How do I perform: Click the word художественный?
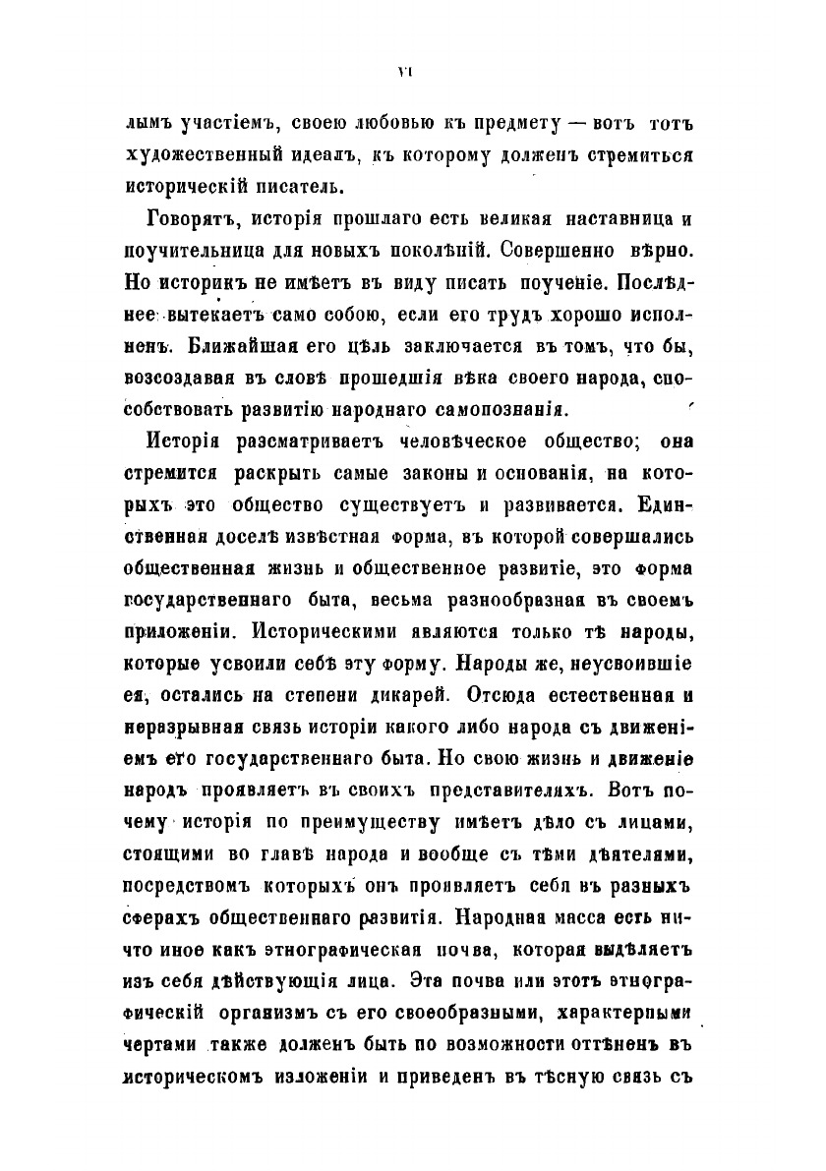tap(197, 156)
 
